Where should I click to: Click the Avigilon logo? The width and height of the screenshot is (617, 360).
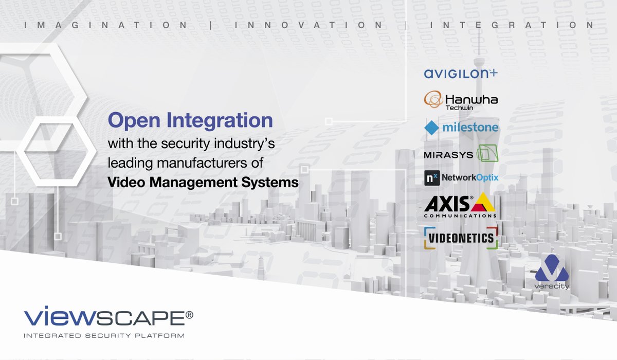(461, 74)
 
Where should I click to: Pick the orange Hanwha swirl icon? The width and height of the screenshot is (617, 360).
(433, 99)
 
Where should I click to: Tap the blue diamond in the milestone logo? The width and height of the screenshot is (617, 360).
(431, 128)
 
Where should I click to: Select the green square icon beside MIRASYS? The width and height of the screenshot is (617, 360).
(487, 154)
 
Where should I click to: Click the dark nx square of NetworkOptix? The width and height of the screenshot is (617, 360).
(430, 178)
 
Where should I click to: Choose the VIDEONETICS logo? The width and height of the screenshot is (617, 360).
(461, 238)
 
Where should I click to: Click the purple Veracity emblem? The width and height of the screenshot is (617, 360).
(551, 267)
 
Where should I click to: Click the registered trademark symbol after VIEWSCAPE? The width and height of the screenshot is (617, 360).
(189, 315)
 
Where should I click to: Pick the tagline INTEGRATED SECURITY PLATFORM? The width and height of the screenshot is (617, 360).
(104, 336)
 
